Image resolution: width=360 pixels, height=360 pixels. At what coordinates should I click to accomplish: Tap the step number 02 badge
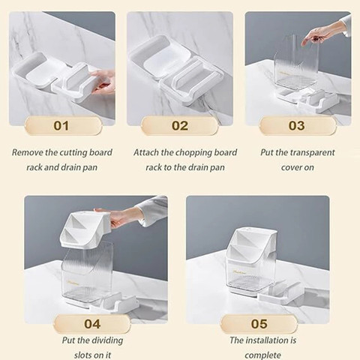click(x=179, y=125)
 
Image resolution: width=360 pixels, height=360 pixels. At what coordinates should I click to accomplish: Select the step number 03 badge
click(x=297, y=125)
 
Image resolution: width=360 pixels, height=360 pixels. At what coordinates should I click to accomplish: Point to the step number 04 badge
click(x=92, y=324)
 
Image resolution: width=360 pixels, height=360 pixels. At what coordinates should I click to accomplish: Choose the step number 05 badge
click(x=259, y=324)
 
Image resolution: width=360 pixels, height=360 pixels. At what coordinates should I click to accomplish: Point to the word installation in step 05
click(x=267, y=340)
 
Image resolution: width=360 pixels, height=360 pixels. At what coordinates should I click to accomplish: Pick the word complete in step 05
click(x=262, y=355)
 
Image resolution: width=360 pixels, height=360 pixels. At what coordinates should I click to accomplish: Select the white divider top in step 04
click(x=85, y=229)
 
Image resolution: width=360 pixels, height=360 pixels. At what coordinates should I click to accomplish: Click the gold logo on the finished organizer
click(x=239, y=271)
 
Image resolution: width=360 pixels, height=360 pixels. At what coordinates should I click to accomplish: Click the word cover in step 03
click(x=290, y=168)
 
